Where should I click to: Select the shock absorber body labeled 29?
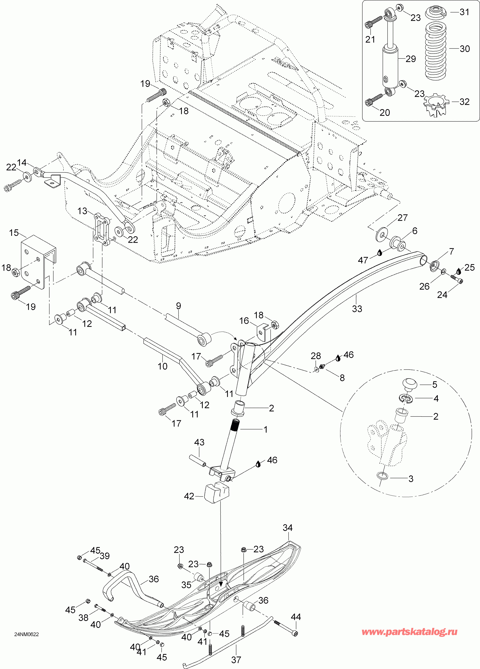pyautogui.click(x=390, y=66)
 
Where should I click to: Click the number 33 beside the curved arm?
pyautogui.click(x=357, y=309)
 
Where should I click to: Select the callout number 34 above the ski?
pyautogui.click(x=288, y=528)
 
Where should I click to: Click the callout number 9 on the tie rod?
pyautogui.click(x=179, y=306)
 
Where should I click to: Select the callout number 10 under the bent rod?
pyautogui.click(x=163, y=366)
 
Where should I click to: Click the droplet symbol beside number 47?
pyautogui.click(x=380, y=252)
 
